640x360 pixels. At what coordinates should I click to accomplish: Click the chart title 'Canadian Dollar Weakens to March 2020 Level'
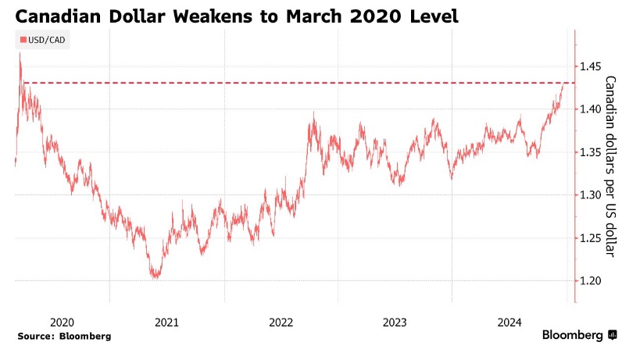234,15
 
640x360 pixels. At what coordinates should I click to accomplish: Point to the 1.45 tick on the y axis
592,66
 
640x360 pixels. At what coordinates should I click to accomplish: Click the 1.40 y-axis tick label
592,109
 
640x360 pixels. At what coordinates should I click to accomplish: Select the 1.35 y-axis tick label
592,151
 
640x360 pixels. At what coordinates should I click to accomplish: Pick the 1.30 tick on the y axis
592,194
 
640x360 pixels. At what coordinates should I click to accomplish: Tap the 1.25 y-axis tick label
592,237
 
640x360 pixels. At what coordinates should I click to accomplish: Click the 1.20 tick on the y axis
592,280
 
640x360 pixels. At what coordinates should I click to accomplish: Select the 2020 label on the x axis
61,322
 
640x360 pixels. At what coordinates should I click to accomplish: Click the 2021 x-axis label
166,322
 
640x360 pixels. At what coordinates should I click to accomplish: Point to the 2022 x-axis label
281,322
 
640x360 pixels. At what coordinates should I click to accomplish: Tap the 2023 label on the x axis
395,322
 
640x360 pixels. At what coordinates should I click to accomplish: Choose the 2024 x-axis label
509,322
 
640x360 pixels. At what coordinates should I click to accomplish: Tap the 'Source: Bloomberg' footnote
64,336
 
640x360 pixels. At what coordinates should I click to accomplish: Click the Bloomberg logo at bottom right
579,335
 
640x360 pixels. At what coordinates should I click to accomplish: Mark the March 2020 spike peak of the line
20,54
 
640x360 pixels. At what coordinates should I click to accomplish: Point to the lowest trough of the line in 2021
156,276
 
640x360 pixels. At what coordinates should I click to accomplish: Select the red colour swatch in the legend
22,40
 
